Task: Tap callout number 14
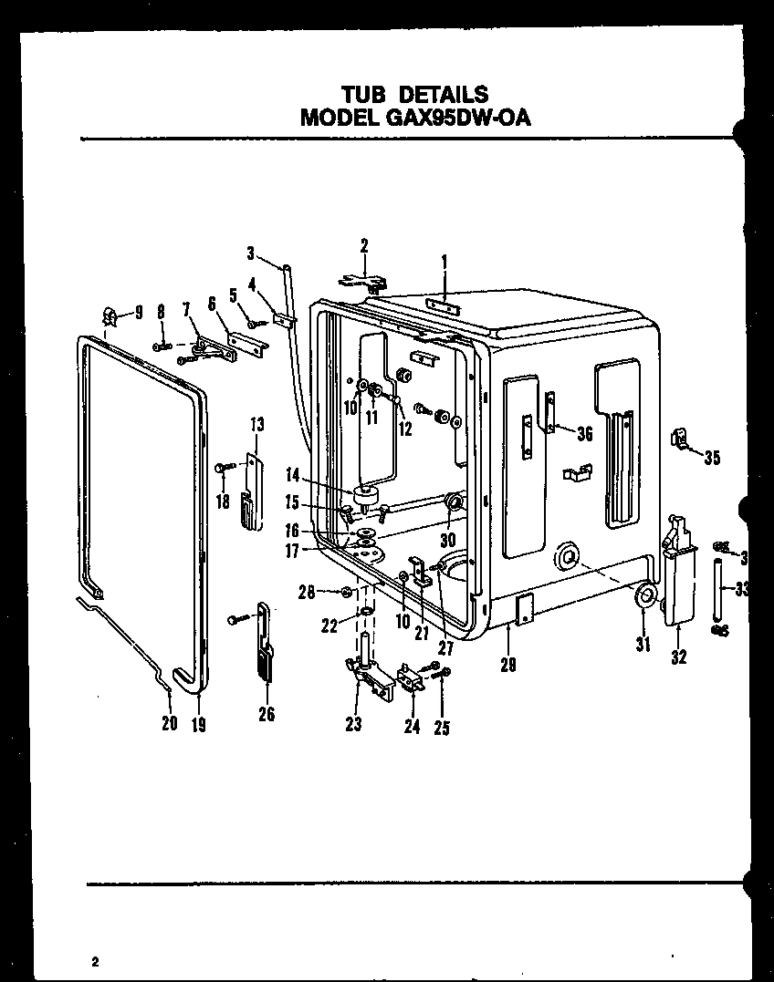click(292, 475)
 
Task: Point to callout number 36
click(584, 434)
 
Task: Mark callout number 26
click(266, 715)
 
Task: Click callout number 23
click(353, 725)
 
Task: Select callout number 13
click(256, 424)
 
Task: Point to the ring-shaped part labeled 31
click(643, 597)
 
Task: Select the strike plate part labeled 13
click(251, 492)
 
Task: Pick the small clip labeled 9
click(110, 315)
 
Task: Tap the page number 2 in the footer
click(94, 961)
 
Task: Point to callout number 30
click(446, 537)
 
